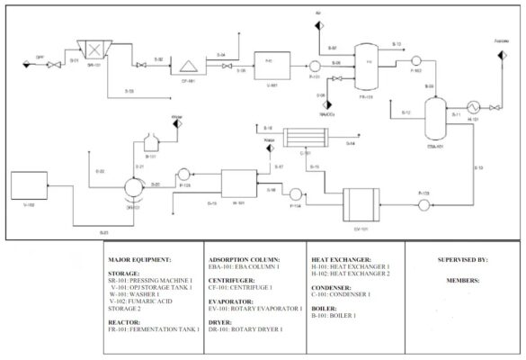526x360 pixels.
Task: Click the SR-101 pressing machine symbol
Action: [90, 46]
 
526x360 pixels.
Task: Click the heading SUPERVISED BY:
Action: [462, 260]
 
